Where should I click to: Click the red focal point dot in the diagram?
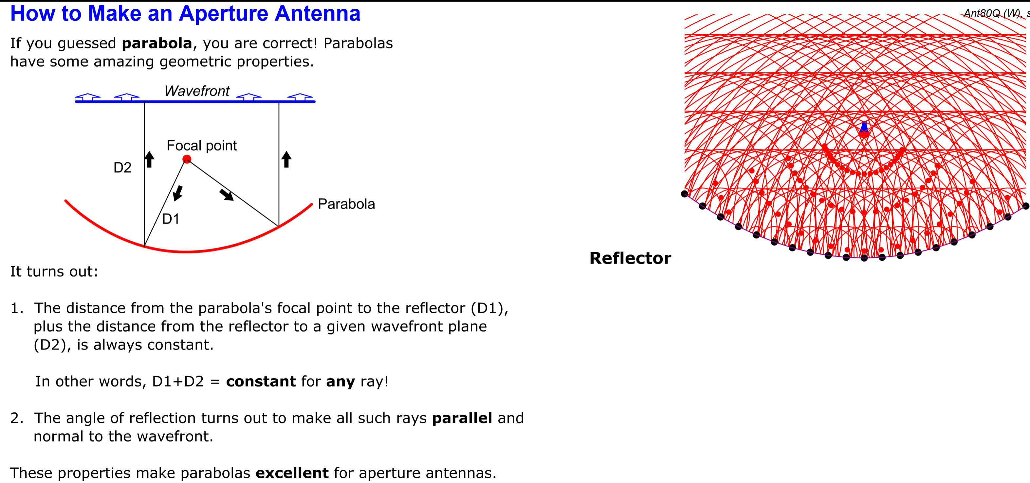pyautogui.click(x=187, y=159)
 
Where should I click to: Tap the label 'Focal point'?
pyautogui.click(x=202, y=146)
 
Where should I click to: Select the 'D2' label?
pyautogui.click(x=122, y=167)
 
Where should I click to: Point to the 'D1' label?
pyautogui.click(x=171, y=219)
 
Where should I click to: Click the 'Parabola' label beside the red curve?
pyautogui.click(x=346, y=204)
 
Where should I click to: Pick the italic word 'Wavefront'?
pyautogui.click(x=197, y=91)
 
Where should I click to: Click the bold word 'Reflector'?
pyautogui.click(x=630, y=258)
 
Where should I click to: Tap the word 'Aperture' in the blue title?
pyautogui.click(x=223, y=14)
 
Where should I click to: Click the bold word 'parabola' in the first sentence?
pyautogui.click(x=157, y=43)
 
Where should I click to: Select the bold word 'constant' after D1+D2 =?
pyautogui.click(x=261, y=382)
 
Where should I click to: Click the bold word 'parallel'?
pyautogui.click(x=462, y=418)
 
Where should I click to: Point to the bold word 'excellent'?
pyautogui.click(x=292, y=473)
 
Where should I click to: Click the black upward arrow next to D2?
pyautogui.click(x=149, y=159)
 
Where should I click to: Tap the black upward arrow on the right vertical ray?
pyautogui.click(x=286, y=159)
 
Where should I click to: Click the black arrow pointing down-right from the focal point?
pyautogui.click(x=227, y=195)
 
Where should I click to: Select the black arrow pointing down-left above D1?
pyautogui.click(x=177, y=193)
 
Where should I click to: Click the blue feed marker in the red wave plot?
pyautogui.click(x=864, y=127)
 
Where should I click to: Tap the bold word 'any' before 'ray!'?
pyautogui.click(x=340, y=382)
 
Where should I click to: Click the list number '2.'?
pyautogui.click(x=17, y=418)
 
